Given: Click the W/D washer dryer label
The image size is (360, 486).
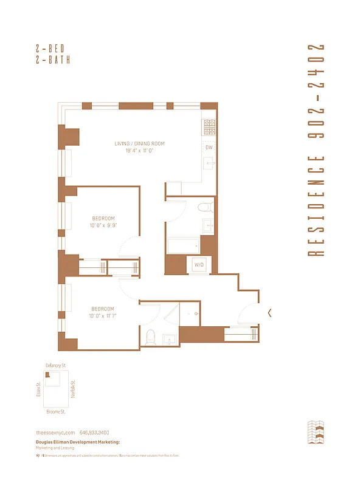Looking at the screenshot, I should [x=198, y=265].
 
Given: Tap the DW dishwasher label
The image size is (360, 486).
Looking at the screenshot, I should [x=209, y=148].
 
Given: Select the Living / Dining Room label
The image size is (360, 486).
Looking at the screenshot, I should [x=139, y=144].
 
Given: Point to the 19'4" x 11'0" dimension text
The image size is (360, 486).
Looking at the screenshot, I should [x=139, y=151].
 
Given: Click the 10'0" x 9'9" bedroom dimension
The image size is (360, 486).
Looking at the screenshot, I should [x=103, y=225].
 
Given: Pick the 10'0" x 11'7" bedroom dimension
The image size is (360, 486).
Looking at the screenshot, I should [x=103, y=316].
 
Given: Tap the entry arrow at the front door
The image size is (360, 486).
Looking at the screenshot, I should [x=269, y=313].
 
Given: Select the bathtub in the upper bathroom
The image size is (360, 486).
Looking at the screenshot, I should [x=184, y=245].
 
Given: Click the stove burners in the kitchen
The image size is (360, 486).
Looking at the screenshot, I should [x=209, y=126].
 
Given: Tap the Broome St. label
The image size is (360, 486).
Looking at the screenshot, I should [x=56, y=411].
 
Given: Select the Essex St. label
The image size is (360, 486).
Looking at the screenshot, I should [x=38, y=389].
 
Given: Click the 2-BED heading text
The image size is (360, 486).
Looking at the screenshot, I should [x=53, y=49].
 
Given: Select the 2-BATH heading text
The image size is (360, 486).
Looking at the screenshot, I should [x=53, y=60].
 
